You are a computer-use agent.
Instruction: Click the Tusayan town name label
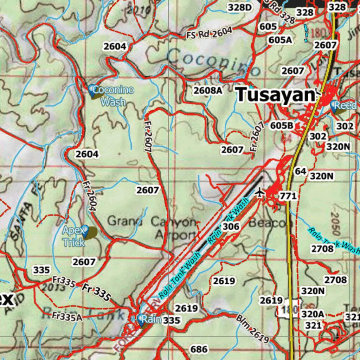275,95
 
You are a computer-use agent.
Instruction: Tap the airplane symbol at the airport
260,192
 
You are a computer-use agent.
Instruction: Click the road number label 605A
280,40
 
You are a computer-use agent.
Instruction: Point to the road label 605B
282,126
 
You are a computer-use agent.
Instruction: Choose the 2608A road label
208,90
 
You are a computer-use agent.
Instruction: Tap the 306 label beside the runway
231,226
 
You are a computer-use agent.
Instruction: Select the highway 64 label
301,171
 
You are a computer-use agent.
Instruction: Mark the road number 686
199,349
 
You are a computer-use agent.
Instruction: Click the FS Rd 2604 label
210,33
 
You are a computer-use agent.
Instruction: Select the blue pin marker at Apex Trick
85,230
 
